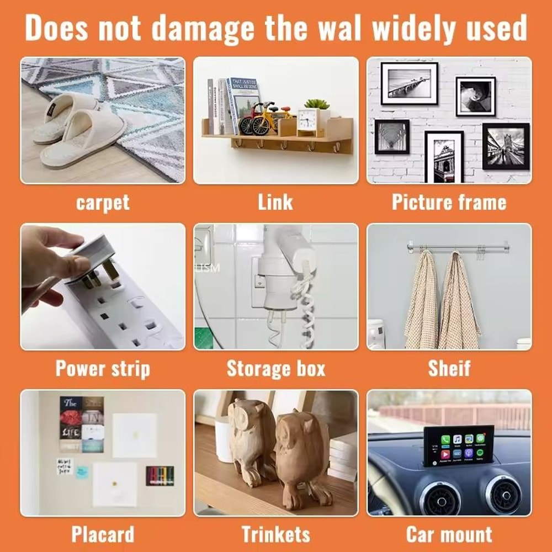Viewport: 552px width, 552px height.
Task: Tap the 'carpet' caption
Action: [103, 203]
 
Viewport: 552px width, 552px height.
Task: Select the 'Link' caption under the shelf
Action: [275, 202]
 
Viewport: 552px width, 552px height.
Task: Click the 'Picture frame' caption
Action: [449, 202]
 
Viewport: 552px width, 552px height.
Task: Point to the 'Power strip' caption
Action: [103, 369]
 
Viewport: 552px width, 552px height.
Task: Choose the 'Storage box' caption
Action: [276, 369]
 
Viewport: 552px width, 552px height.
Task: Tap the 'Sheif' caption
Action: [449, 369]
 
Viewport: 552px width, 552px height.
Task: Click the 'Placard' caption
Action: [103, 534]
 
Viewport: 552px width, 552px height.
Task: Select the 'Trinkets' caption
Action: [276, 534]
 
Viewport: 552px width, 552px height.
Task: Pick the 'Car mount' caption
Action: [449, 534]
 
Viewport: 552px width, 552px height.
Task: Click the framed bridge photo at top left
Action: [409, 83]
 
